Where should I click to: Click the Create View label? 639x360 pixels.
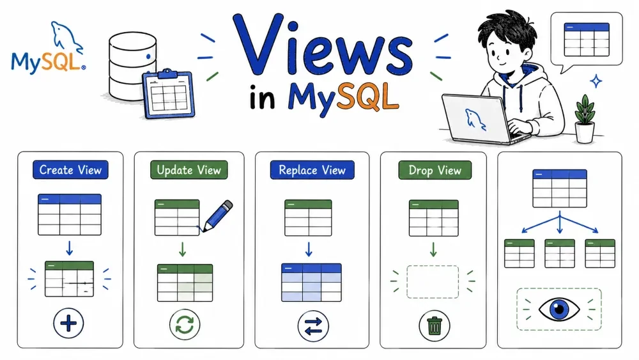[x=70, y=169]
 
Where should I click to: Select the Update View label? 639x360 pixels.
[x=189, y=169]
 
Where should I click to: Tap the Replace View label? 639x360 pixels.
[x=312, y=170]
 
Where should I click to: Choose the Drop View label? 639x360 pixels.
[x=435, y=170]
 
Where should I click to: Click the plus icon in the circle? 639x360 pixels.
[x=68, y=324]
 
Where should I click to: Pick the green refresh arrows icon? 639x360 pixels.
[x=185, y=325]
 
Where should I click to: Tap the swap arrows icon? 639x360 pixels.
[x=313, y=326]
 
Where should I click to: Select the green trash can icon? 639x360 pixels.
[x=435, y=325]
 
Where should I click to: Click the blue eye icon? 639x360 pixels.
[x=559, y=309]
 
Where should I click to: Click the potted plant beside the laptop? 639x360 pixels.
[x=585, y=119]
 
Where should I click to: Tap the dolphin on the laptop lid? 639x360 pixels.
[x=475, y=119]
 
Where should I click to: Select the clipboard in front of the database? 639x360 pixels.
[x=168, y=94]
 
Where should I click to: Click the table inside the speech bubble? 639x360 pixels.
[x=587, y=40]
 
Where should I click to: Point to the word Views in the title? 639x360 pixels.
[x=323, y=45]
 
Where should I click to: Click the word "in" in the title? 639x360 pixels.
[x=262, y=97]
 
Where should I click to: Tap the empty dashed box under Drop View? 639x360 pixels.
[x=433, y=282]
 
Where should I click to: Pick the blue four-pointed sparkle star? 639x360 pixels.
[x=596, y=81]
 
